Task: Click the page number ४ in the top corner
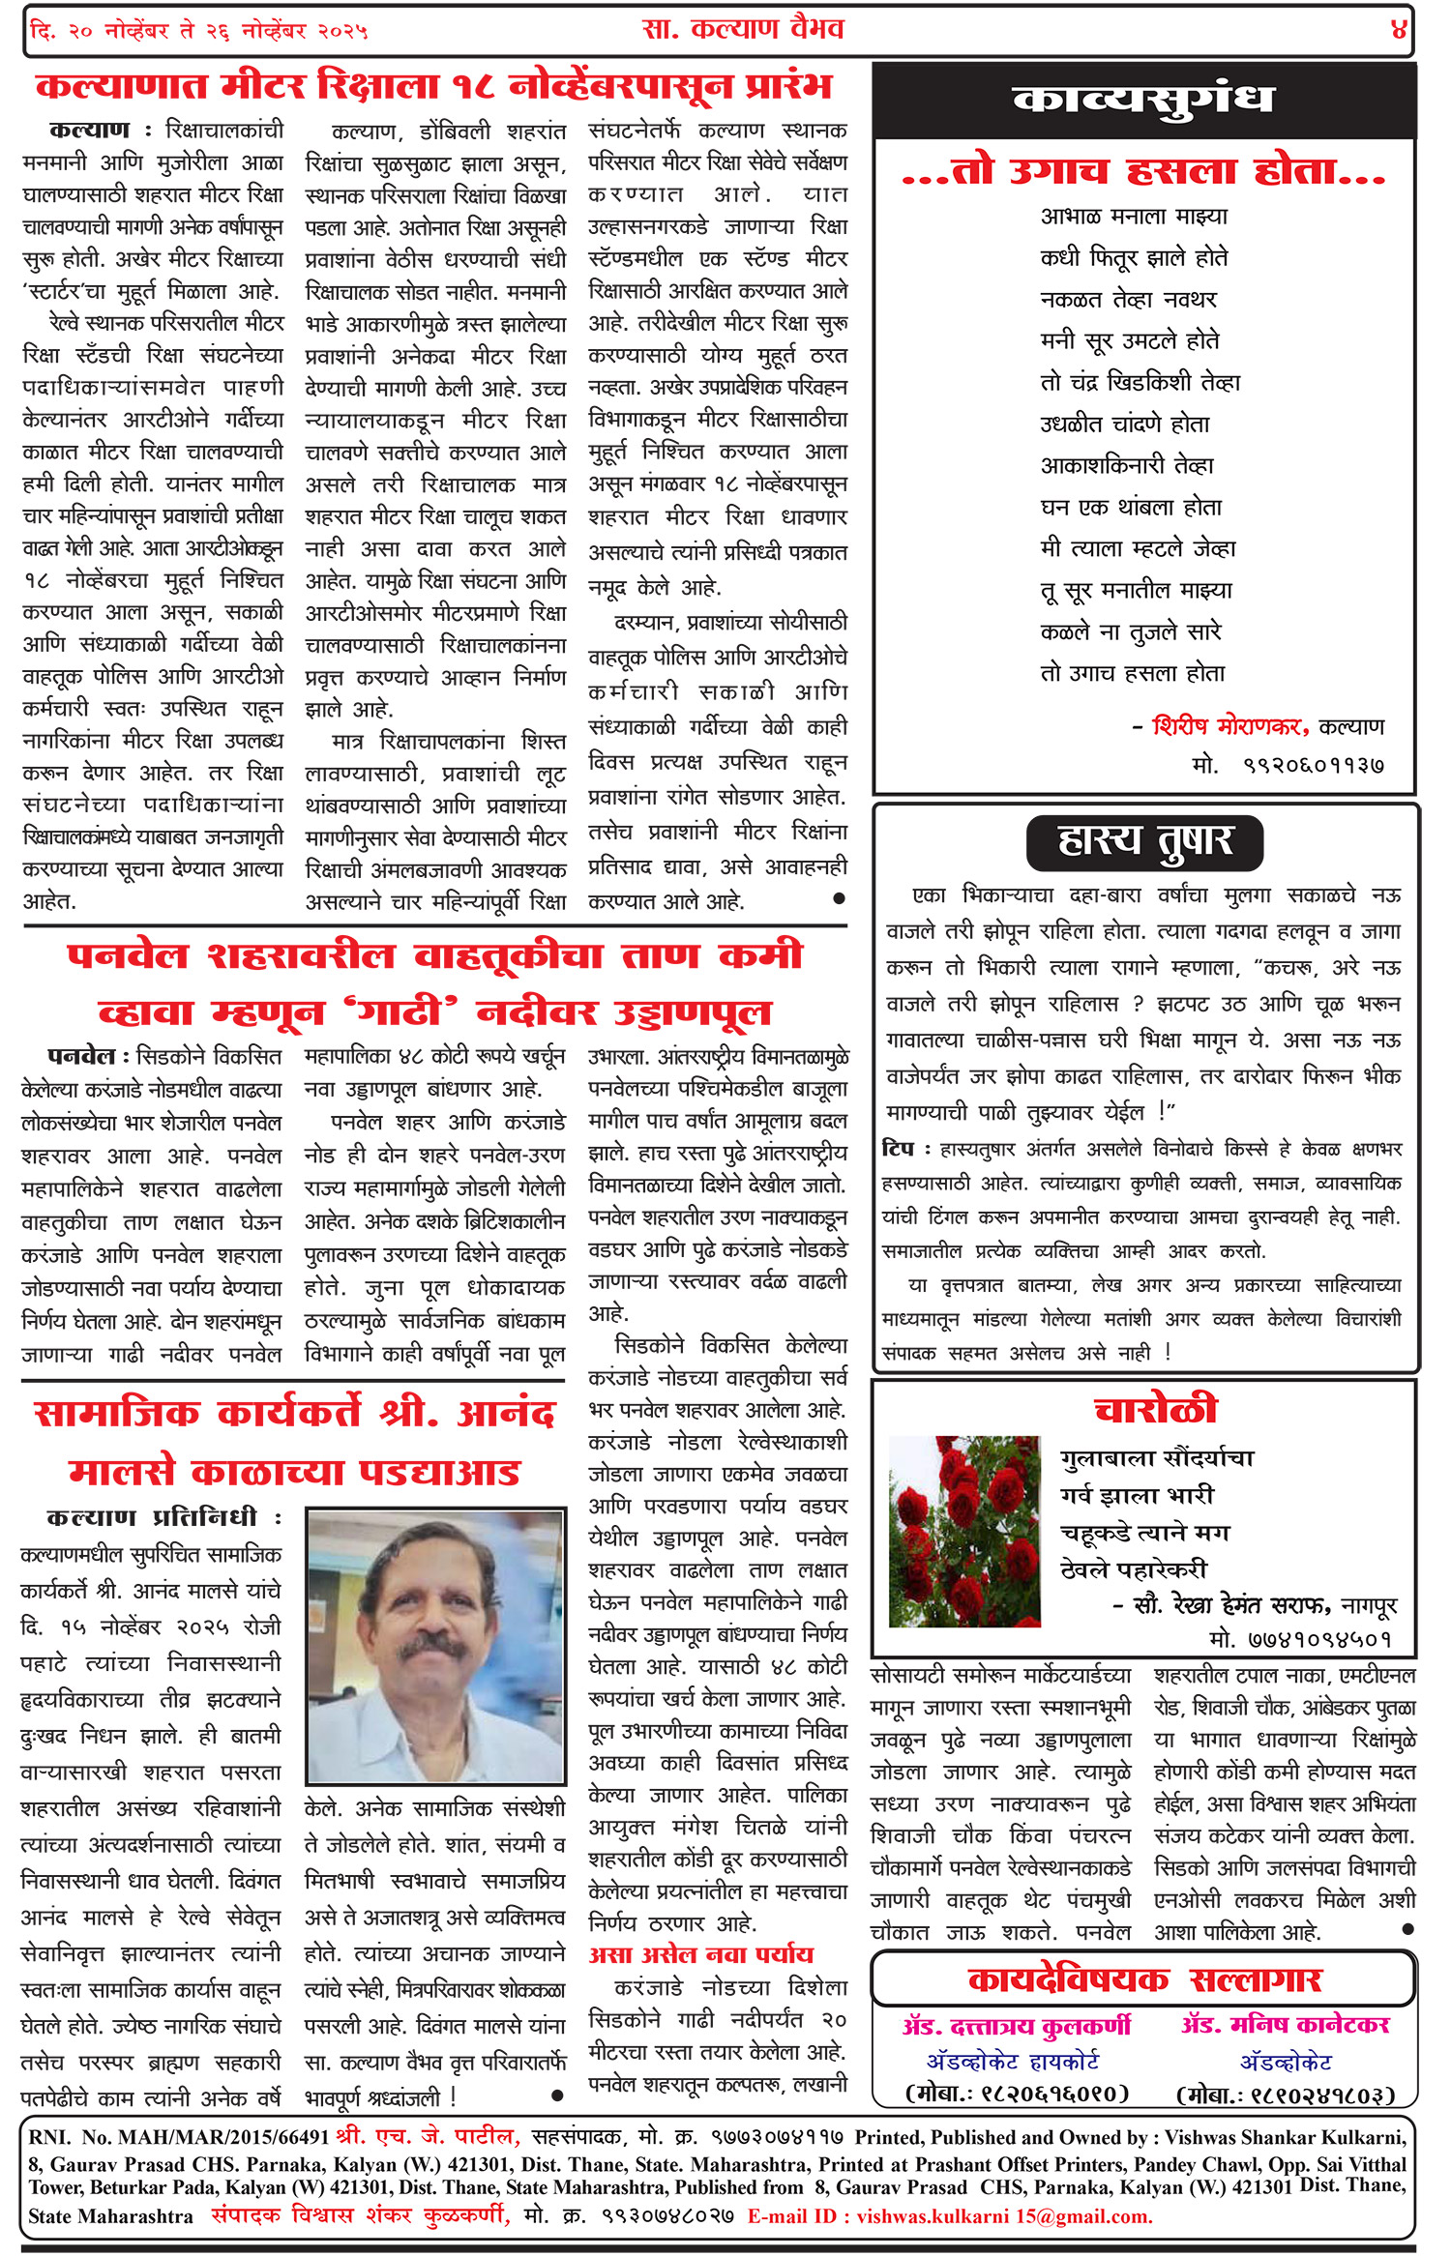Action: click(1398, 30)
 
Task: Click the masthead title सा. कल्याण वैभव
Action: click(742, 29)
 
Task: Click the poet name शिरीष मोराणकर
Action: click(1229, 726)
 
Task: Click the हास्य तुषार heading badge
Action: click(1144, 841)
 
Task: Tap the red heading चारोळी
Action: click(1155, 1409)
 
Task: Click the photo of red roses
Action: click(963, 1531)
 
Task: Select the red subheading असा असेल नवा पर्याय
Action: click(700, 1954)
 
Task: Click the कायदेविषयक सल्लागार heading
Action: click(1143, 1979)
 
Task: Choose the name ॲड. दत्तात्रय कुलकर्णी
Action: click(1016, 2025)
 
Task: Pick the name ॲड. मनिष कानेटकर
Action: click(1285, 2025)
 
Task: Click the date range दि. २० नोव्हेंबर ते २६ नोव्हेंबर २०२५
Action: click(199, 31)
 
